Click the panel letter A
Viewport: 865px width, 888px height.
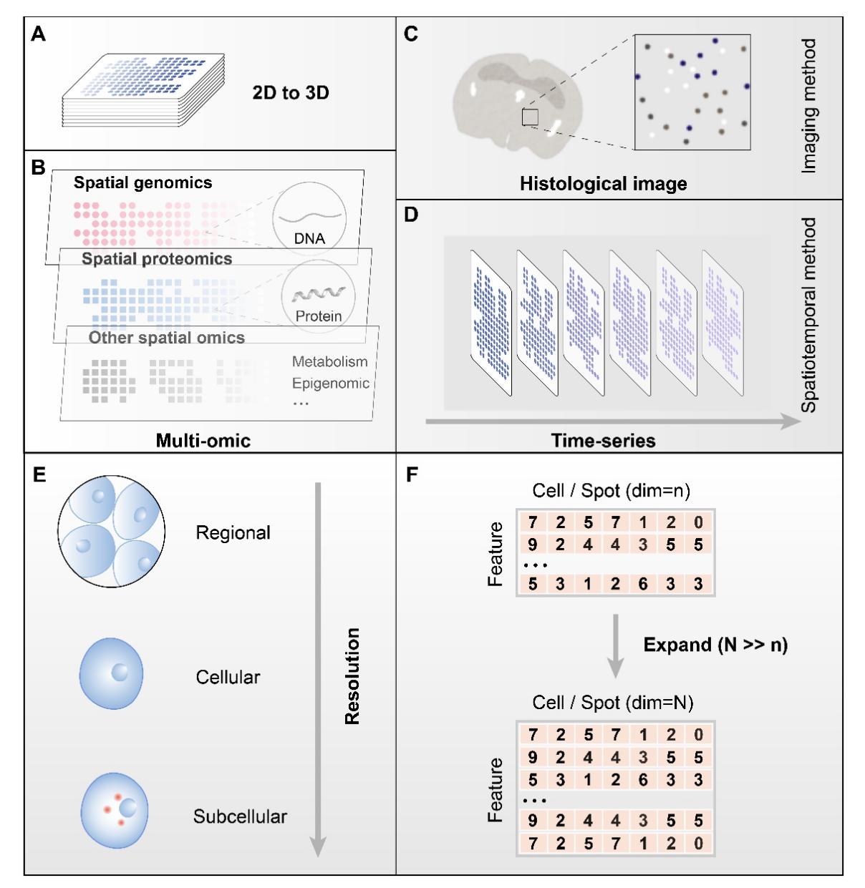39,34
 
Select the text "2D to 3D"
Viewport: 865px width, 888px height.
291,92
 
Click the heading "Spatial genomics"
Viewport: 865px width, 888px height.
142,182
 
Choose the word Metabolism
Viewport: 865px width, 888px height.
329,361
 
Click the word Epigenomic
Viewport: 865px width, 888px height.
330,383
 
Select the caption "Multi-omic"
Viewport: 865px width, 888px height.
203,440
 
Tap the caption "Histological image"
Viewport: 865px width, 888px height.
603,184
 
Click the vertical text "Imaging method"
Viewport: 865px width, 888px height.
808,106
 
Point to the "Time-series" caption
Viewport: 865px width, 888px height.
603,441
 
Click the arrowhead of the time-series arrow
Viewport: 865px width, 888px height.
791,421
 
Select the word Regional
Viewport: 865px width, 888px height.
233,533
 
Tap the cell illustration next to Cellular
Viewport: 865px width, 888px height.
111,673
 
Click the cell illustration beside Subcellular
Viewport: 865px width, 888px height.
115,810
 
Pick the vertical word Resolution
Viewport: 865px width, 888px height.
352,676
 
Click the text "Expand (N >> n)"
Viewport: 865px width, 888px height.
715,645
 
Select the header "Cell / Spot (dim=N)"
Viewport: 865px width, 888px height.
612,703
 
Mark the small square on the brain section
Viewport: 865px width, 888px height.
530,117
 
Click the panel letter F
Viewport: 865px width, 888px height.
412,474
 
